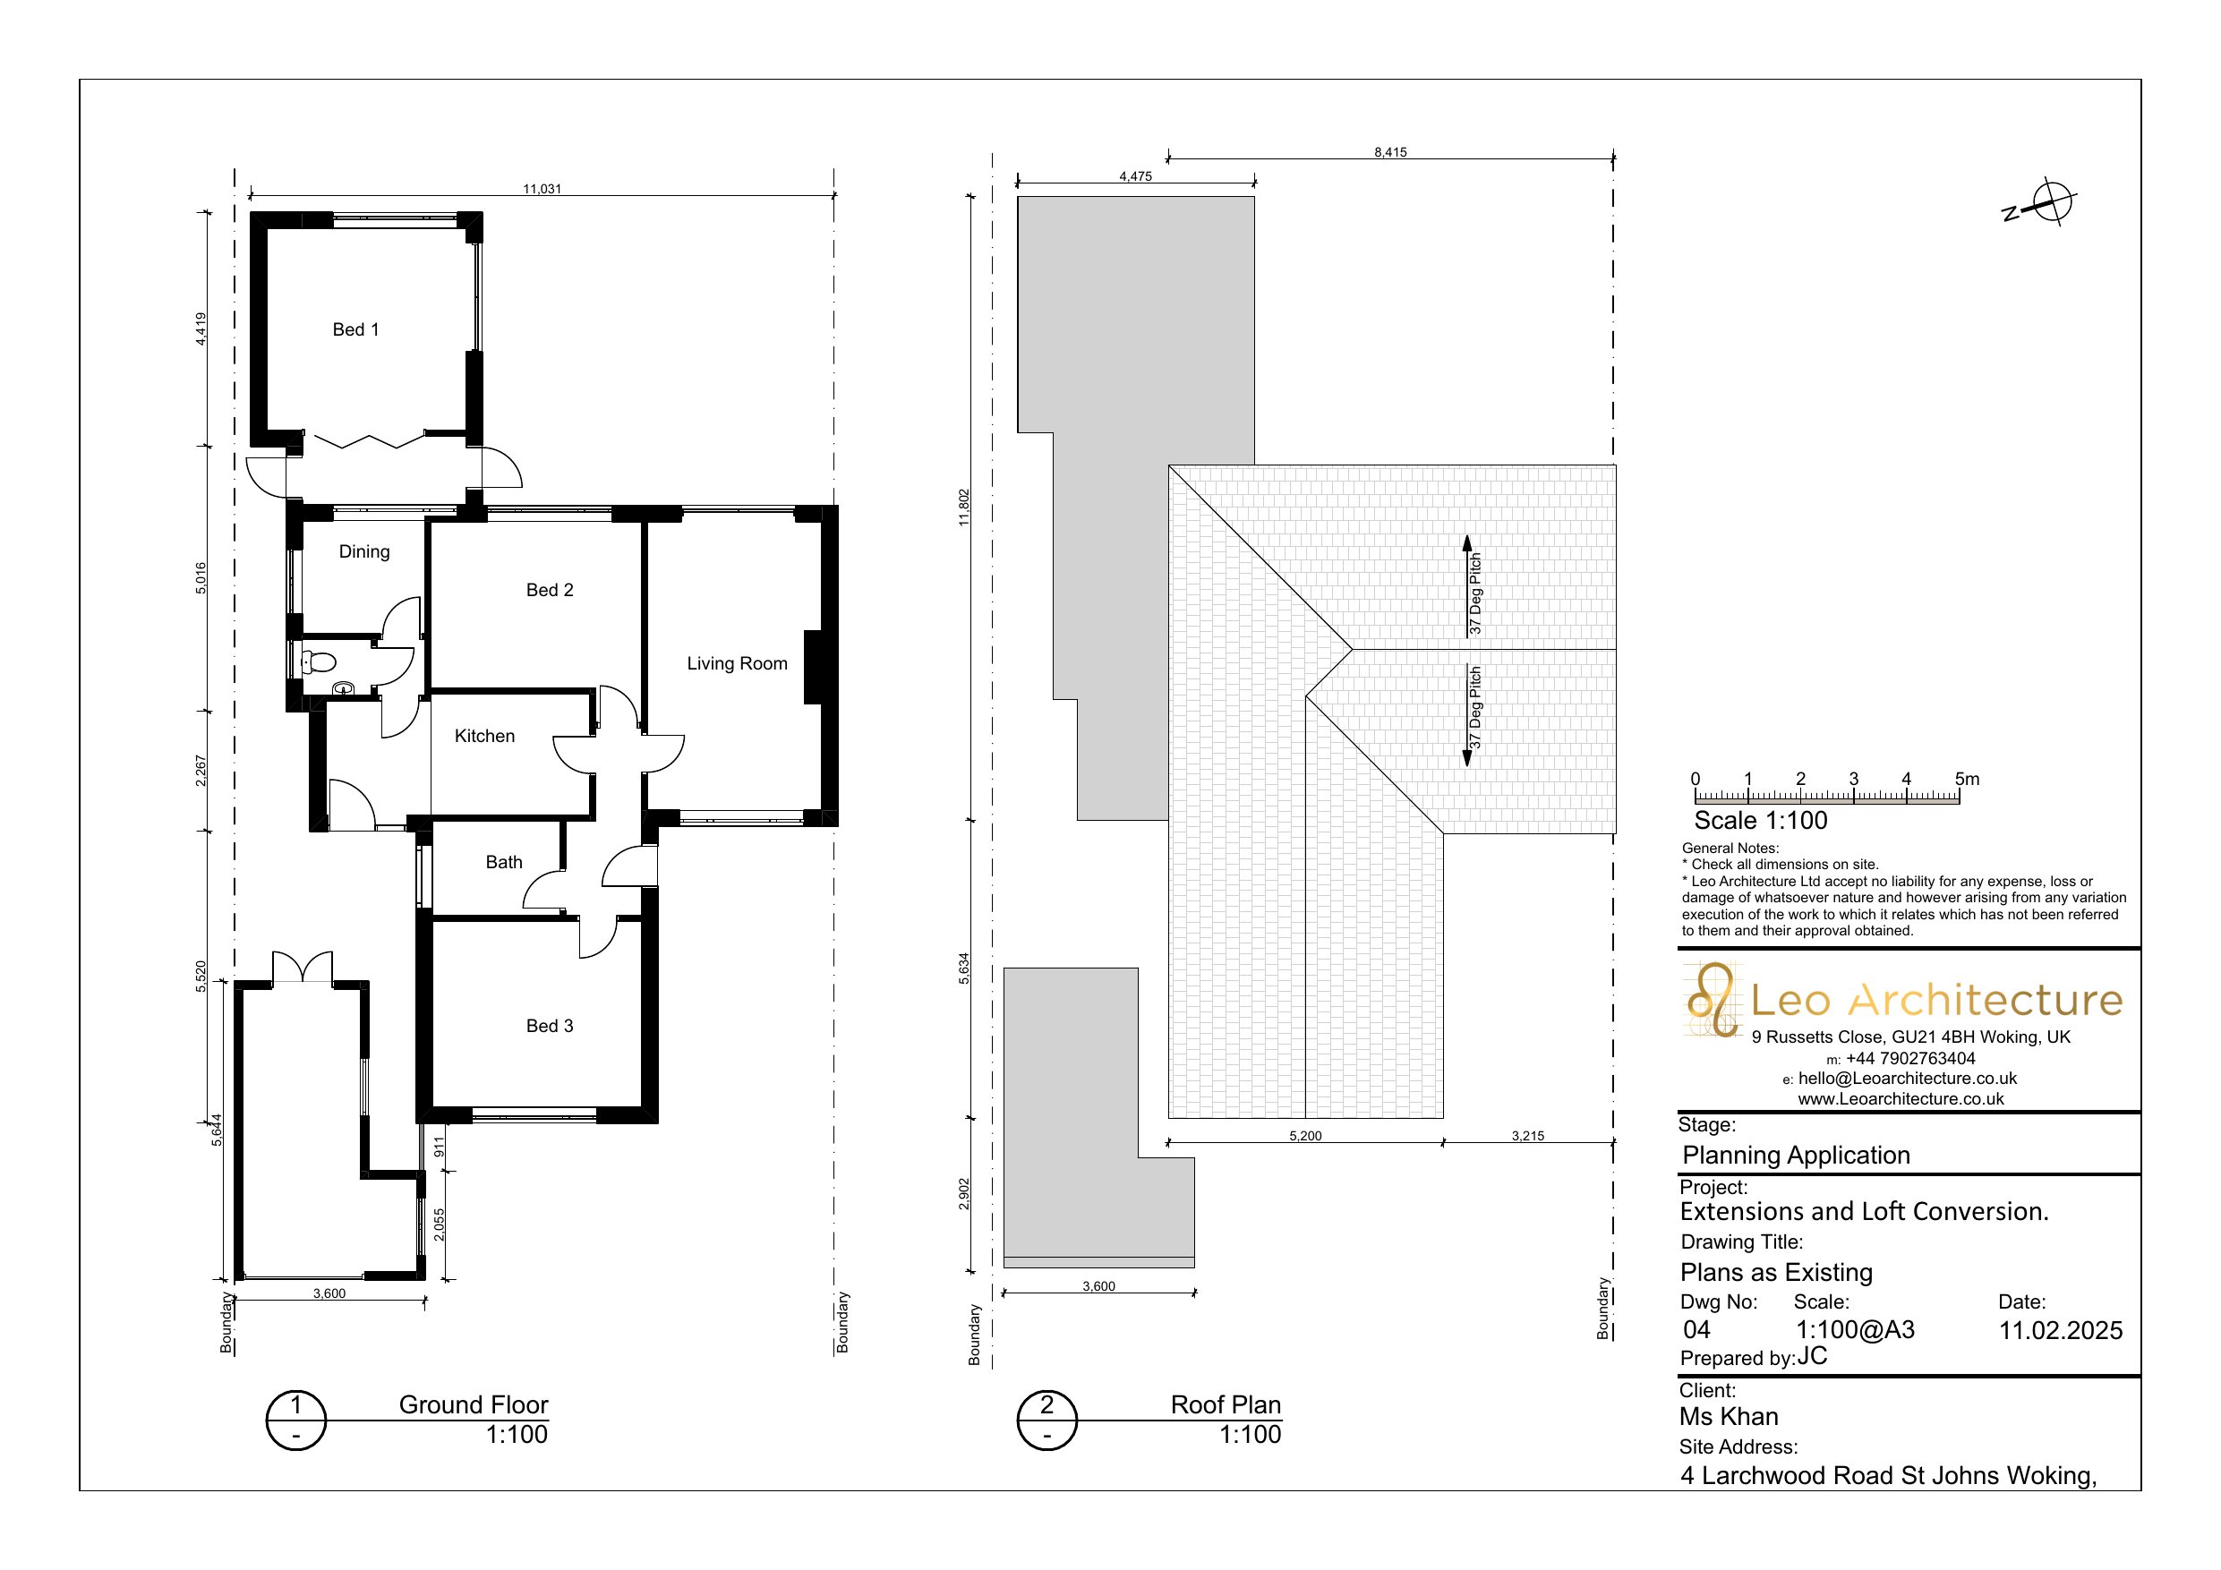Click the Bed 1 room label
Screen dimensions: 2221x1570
[355, 330]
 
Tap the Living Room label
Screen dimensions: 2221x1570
[737, 663]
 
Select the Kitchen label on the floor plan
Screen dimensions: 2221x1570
[484, 736]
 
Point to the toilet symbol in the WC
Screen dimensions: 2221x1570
[319, 662]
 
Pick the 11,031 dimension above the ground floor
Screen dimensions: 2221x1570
[542, 189]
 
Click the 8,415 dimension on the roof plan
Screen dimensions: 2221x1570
[1390, 152]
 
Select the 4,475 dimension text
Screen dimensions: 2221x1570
[1136, 176]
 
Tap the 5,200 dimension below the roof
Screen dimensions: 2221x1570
[1305, 1136]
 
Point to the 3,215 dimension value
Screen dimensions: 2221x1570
[1527, 1136]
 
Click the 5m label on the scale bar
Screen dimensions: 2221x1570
[1967, 779]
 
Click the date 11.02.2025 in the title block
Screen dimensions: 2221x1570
[2061, 1330]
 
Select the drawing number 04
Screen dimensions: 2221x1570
[1696, 1330]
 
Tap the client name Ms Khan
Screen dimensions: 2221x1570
[1729, 1416]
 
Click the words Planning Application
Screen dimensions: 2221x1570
[1797, 1155]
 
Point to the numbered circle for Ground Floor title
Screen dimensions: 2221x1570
[296, 1420]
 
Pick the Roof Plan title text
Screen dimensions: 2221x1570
[1226, 1404]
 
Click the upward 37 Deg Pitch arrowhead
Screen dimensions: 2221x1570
[1466, 542]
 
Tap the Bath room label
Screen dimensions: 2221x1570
[504, 862]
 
